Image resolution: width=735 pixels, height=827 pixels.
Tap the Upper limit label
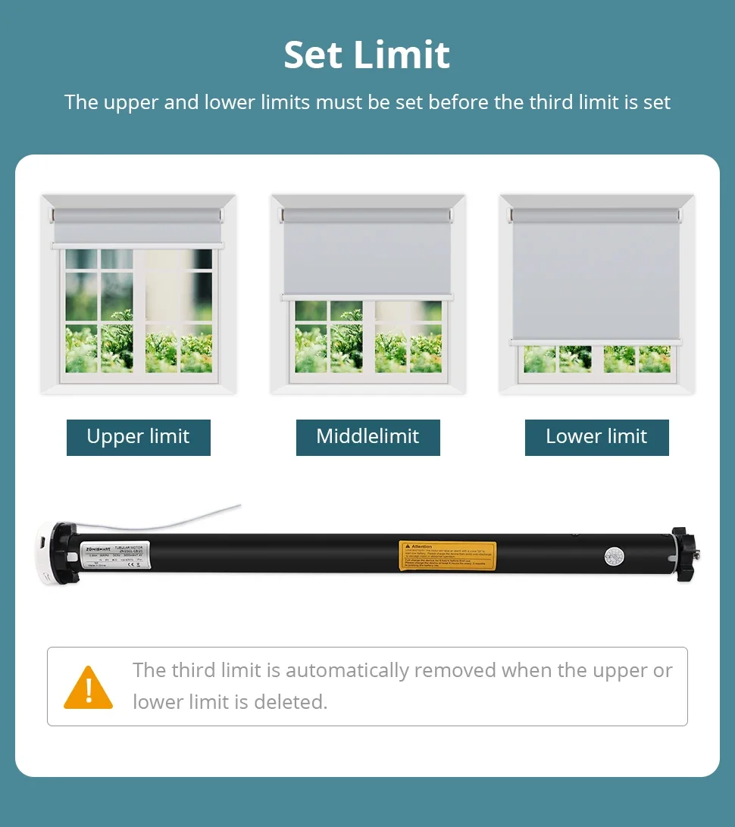[x=138, y=437]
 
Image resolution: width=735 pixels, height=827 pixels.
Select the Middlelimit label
[x=367, y=437]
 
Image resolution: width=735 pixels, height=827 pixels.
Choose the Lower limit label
[x=596, y=437]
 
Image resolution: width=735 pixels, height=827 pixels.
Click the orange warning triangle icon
[x=88, y=688]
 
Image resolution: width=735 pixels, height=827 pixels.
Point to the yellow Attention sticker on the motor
[x=447, y=556]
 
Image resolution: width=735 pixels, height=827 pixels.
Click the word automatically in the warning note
[x=348, y=670]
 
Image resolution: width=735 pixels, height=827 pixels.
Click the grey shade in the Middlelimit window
[x=367, y=254]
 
